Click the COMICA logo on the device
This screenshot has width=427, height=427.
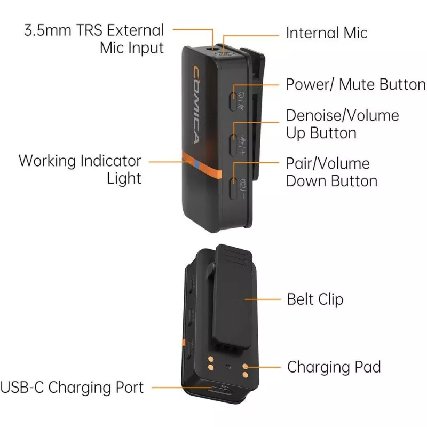(x=196, y=105)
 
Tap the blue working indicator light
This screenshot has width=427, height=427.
(x=196, y=163)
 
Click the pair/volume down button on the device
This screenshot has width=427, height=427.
(x=233, y=188)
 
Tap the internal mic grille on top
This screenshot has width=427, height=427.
(x=224, y=54)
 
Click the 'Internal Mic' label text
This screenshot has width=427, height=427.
(x=327, y=33)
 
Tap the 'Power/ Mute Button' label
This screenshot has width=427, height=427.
(x=355, y=84)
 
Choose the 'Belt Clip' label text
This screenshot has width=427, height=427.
(x=315, y=299)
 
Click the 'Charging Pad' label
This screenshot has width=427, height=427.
(x=334, y=367)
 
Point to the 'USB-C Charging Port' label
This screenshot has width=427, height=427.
(x=72, y=388)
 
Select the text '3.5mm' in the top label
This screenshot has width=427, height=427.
(x=48, y=30)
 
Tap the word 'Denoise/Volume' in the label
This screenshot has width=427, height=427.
(x=342, y=115)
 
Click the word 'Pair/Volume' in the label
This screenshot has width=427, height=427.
(x=328, y=164)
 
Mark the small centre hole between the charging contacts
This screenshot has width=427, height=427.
(x=228, y=367)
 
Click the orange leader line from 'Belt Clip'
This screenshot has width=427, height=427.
(x=263, y=299)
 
